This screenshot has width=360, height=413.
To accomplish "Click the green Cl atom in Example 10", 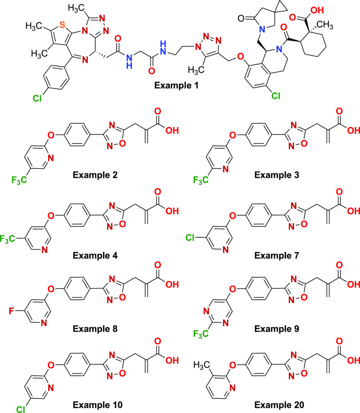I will [x=19, y=406].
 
